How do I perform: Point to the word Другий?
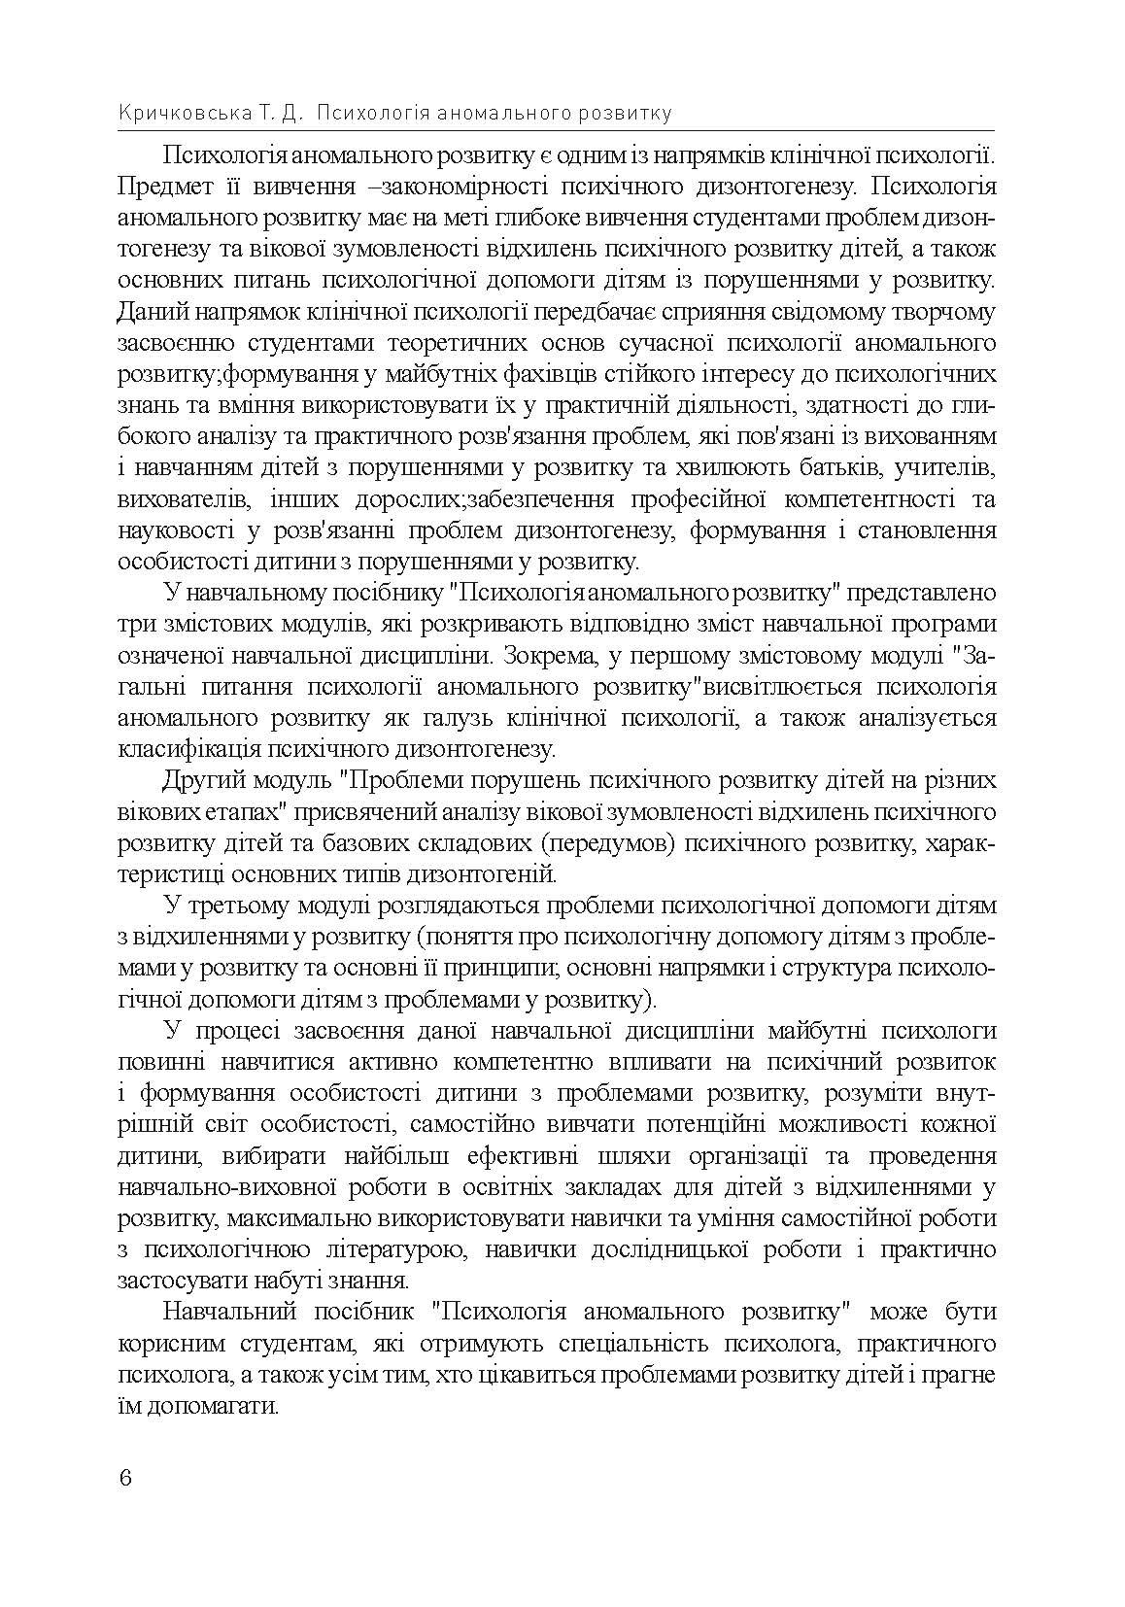[204, 780]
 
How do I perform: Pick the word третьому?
[241, 906]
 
